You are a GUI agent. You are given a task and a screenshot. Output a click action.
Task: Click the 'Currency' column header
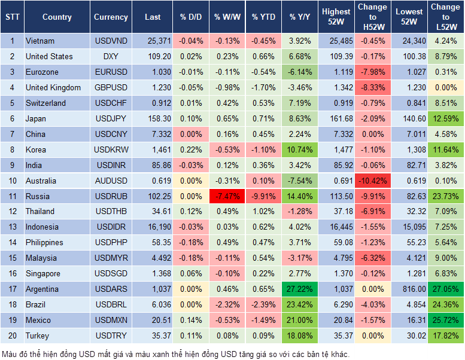point(111,17)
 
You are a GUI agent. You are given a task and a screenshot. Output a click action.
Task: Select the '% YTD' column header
point(263,17)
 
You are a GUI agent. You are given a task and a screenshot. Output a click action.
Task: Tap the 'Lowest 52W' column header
point(410,17)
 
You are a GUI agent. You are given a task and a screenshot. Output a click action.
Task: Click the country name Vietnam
point(39,41)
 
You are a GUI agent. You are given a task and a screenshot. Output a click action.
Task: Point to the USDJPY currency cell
point(111,118)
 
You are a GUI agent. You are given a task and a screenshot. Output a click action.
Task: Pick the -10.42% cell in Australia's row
point(372,181)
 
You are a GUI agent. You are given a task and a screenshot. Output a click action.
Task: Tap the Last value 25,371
point(153,41)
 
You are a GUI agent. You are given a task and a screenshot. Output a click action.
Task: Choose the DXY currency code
point(111,57)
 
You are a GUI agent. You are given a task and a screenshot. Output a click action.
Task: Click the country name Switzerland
point(45,103)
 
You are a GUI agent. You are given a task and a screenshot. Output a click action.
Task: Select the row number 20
point(12,335)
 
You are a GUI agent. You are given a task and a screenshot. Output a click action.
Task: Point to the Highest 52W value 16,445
point(336,227)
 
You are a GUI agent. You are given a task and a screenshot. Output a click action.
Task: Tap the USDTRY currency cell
point(111,335)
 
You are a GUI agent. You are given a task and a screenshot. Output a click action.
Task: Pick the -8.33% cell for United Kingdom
point(372,87)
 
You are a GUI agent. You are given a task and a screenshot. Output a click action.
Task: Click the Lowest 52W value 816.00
point(410,289)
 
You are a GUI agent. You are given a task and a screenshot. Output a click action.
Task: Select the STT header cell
point(12,17)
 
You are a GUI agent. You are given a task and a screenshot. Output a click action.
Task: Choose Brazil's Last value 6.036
point(153,304)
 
